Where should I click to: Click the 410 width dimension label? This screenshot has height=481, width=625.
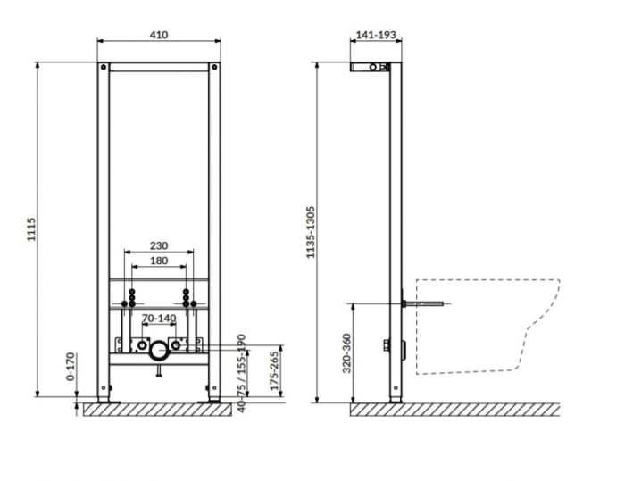[x=159, y=35]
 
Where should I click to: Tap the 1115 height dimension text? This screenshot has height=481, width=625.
[x=31, y=229]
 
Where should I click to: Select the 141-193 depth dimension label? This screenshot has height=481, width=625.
[x=376, y=35]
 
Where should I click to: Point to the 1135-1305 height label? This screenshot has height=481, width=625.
[x=311, y=232]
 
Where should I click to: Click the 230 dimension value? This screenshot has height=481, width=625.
[x=159, y=245]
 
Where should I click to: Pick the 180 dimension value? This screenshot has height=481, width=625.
[x=159, y=261]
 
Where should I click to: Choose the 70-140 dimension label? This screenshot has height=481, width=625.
[x=159, y=318]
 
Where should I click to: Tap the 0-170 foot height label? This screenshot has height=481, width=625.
[x=71, y=366]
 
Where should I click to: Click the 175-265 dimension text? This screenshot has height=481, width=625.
[x=274, y=370]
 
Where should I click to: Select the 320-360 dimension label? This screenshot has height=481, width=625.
[x=346, y=353]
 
